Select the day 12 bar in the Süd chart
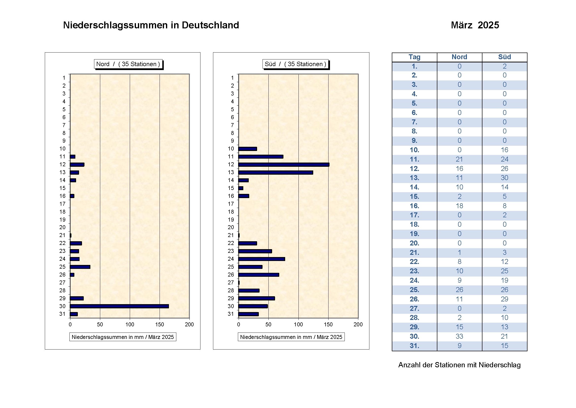(283, 165)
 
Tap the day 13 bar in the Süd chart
(276, 172)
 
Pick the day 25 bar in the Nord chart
(80, 267)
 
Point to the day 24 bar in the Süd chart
(262, 259)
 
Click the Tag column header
(414, 57)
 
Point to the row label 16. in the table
(414, 206)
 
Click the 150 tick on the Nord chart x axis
(160, 324)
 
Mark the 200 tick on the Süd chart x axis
(358, 324)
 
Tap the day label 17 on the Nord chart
(62, 204)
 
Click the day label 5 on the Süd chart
(232, 109)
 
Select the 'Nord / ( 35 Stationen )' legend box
(128, 64)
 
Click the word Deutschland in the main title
(210, 25)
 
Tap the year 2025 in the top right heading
(488, 25)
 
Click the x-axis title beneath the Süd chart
(291, 337)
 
